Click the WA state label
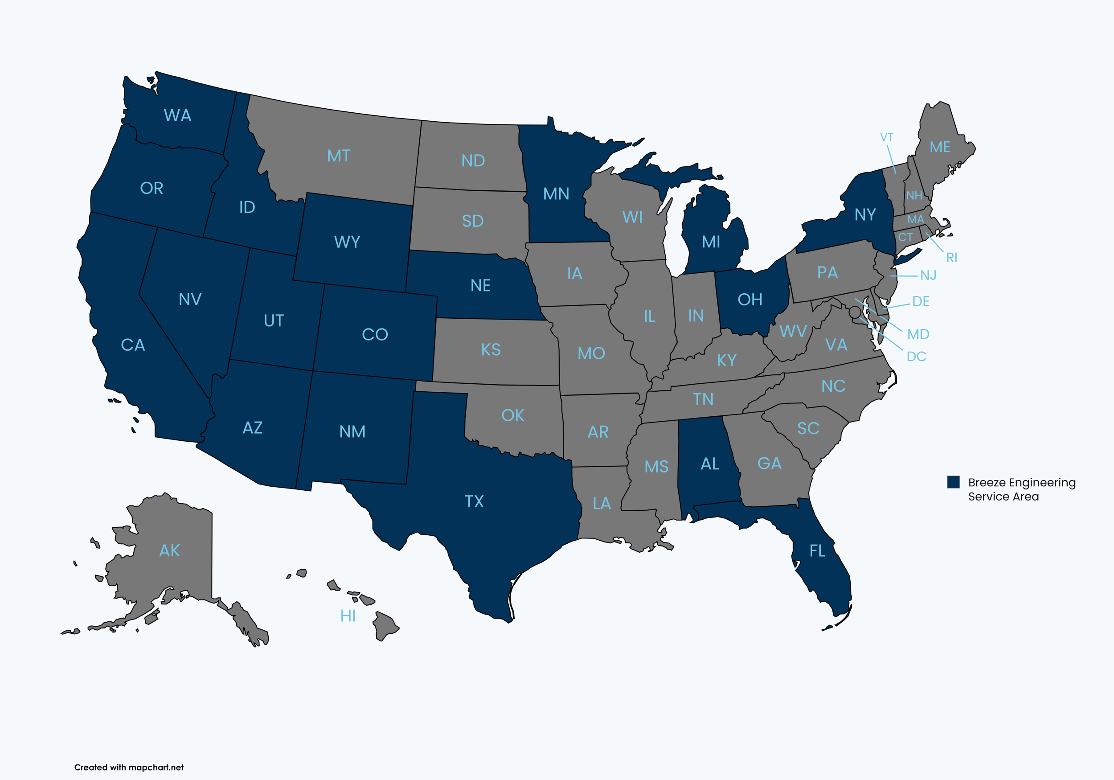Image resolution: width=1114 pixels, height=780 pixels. pyautogui.click(x=178, y=115)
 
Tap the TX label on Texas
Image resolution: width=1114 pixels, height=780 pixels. pyautogui.click(x=474, y=501)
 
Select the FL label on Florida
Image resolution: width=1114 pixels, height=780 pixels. pyautogui.click(x=817, y=551)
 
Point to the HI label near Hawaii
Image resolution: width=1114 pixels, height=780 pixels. pyautogui.click(x=348, y=616)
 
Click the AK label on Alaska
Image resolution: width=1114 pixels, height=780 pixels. pyautogui.click(x=169, y=550)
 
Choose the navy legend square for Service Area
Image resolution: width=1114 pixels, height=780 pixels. pyautogui.click(x=954, y=482)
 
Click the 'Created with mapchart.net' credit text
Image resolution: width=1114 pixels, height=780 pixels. pyautogui.click(x=129, y=768)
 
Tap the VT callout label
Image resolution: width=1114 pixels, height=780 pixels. pyautogui.click(x=886, y=137)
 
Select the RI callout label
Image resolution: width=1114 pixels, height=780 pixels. pyautogui.click(x=951, y=258)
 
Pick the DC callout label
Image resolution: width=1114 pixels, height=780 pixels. pyautogui.click(x=916, y=357)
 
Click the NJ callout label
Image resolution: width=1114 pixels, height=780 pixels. pyautogui.click(x=928, y=276)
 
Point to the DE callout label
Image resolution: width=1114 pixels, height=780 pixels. pyautogui.click(x=921, y=301)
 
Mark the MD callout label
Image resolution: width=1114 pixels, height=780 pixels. pyautogui.click(x=918, y=334)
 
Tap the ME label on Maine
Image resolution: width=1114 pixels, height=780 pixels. pyautogui.click(x=940, y=147)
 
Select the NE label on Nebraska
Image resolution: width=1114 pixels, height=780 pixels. pyautogui.click(x=480, y=285)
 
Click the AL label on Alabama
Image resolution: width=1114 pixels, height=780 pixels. pyautogui.click(x=710, y=464)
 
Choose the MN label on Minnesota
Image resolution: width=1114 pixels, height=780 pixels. pyautogui.click(x=556, y=194)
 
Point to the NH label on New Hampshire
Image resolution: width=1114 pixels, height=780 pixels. pyautogui.click(x=914, y=196)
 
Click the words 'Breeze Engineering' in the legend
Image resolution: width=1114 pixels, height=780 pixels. pyautogui.click(x=1022, y=482)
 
